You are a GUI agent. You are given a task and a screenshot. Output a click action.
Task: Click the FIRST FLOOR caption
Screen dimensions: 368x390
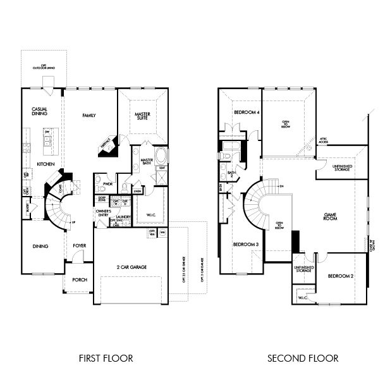pos(106,358)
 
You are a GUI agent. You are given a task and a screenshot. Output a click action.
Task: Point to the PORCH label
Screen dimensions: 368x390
pos(80,280)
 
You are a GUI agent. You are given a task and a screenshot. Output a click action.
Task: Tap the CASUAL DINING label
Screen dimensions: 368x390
pos(39,112)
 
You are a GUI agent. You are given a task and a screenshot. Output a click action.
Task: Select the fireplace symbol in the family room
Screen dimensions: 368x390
pos(105,146)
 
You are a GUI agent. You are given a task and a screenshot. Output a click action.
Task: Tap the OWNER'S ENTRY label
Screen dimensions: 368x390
pos(104,212)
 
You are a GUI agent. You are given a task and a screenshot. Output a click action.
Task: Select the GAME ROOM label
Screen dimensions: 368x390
pos(329,216)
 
